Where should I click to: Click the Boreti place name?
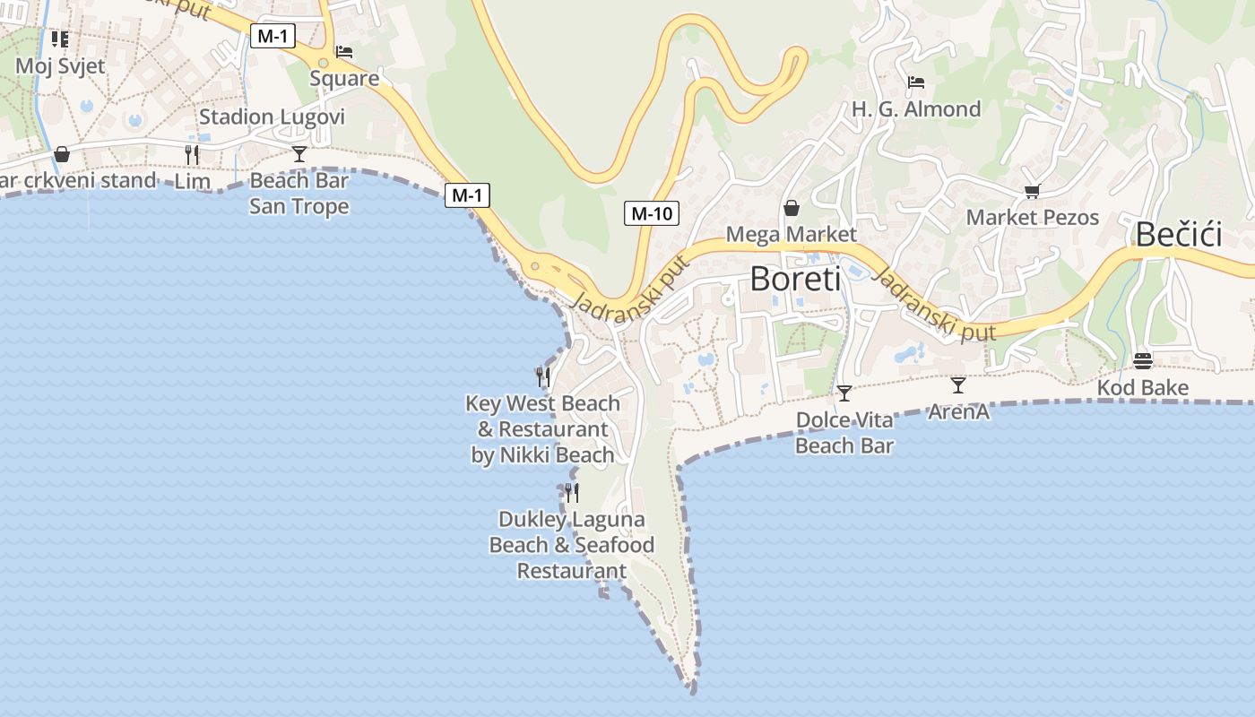795,279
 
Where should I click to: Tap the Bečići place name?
1179,234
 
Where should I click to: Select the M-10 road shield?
652,213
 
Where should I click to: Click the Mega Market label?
791,234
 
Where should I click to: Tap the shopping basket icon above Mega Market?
792,209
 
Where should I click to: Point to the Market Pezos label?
1032,217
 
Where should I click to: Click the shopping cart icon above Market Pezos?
1032,191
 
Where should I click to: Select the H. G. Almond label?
916,109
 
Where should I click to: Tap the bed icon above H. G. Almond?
915,83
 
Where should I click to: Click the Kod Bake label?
1143,388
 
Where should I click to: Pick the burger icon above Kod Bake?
1143,361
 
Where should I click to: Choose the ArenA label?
958,411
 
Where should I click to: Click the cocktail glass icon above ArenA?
958,385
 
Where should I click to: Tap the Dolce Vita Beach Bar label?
844,433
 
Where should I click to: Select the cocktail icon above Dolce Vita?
844,393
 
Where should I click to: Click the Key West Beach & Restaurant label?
542,429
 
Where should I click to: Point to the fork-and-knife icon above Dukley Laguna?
571,492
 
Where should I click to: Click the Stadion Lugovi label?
272,117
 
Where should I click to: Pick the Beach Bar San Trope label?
299,194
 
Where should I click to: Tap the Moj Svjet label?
60,65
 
